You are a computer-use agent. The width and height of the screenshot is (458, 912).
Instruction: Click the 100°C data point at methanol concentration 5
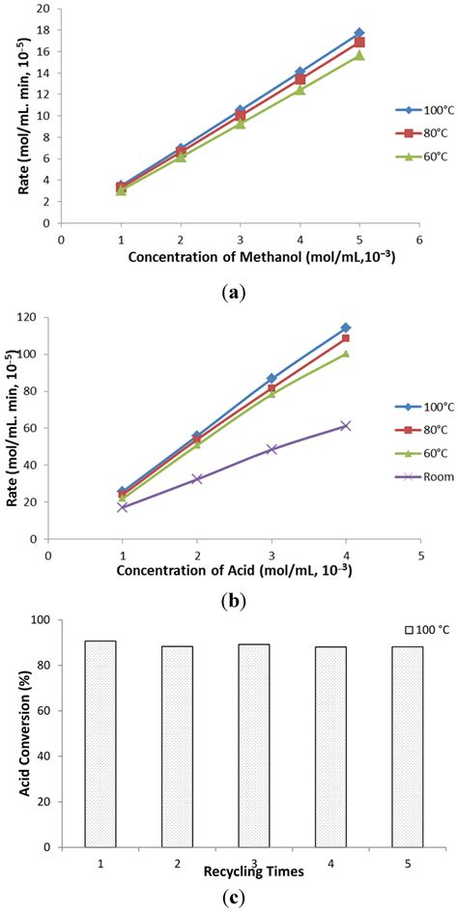358,33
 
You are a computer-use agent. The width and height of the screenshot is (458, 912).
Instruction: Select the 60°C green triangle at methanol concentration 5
358,55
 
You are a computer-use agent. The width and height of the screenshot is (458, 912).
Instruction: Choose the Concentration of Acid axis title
234,570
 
